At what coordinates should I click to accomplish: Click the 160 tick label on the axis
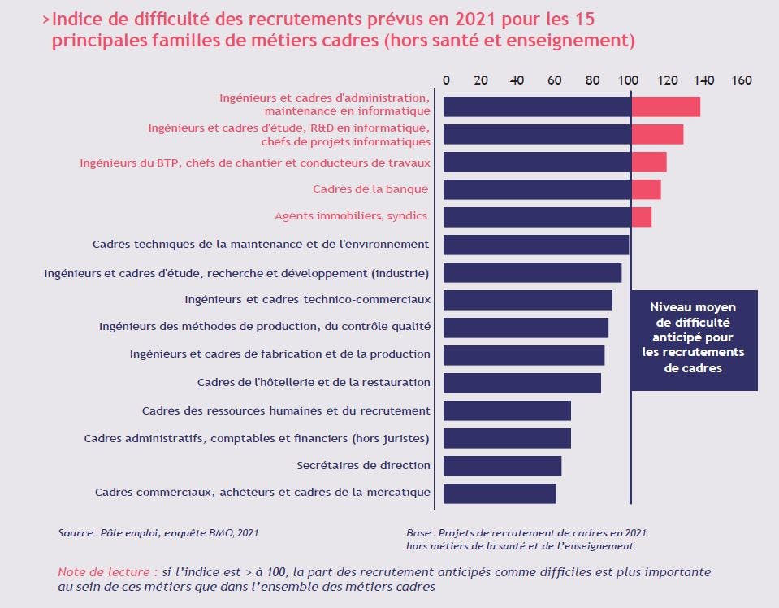click(742, 80)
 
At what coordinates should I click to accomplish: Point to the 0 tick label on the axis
click(446, 80)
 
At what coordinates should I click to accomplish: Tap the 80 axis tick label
click(592, 80)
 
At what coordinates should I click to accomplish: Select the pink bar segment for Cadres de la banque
click(647, 189)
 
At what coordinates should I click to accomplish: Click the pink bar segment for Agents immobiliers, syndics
click(642, 217)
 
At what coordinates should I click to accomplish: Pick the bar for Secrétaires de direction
click(502, 466)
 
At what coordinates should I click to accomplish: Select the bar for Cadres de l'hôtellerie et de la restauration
click(522, 383)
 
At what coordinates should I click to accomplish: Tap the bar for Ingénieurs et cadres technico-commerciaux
click(528, 300)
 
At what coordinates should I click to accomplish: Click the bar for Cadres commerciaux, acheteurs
click(500, 493)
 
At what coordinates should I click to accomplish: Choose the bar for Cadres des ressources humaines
click(507, 410)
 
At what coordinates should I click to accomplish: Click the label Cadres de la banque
click(370, 189)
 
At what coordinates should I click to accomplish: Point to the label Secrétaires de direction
click(364, 465)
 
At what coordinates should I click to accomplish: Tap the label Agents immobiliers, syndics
click(351, 215)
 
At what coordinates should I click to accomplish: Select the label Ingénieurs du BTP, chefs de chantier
click(255, 163)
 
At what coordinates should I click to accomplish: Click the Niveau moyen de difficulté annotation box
click(694, 341)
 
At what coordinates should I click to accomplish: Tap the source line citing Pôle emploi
click(158, 533)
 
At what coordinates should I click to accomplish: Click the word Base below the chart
click(418, 533)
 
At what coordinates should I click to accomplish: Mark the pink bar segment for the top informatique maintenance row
click(666, 106)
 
